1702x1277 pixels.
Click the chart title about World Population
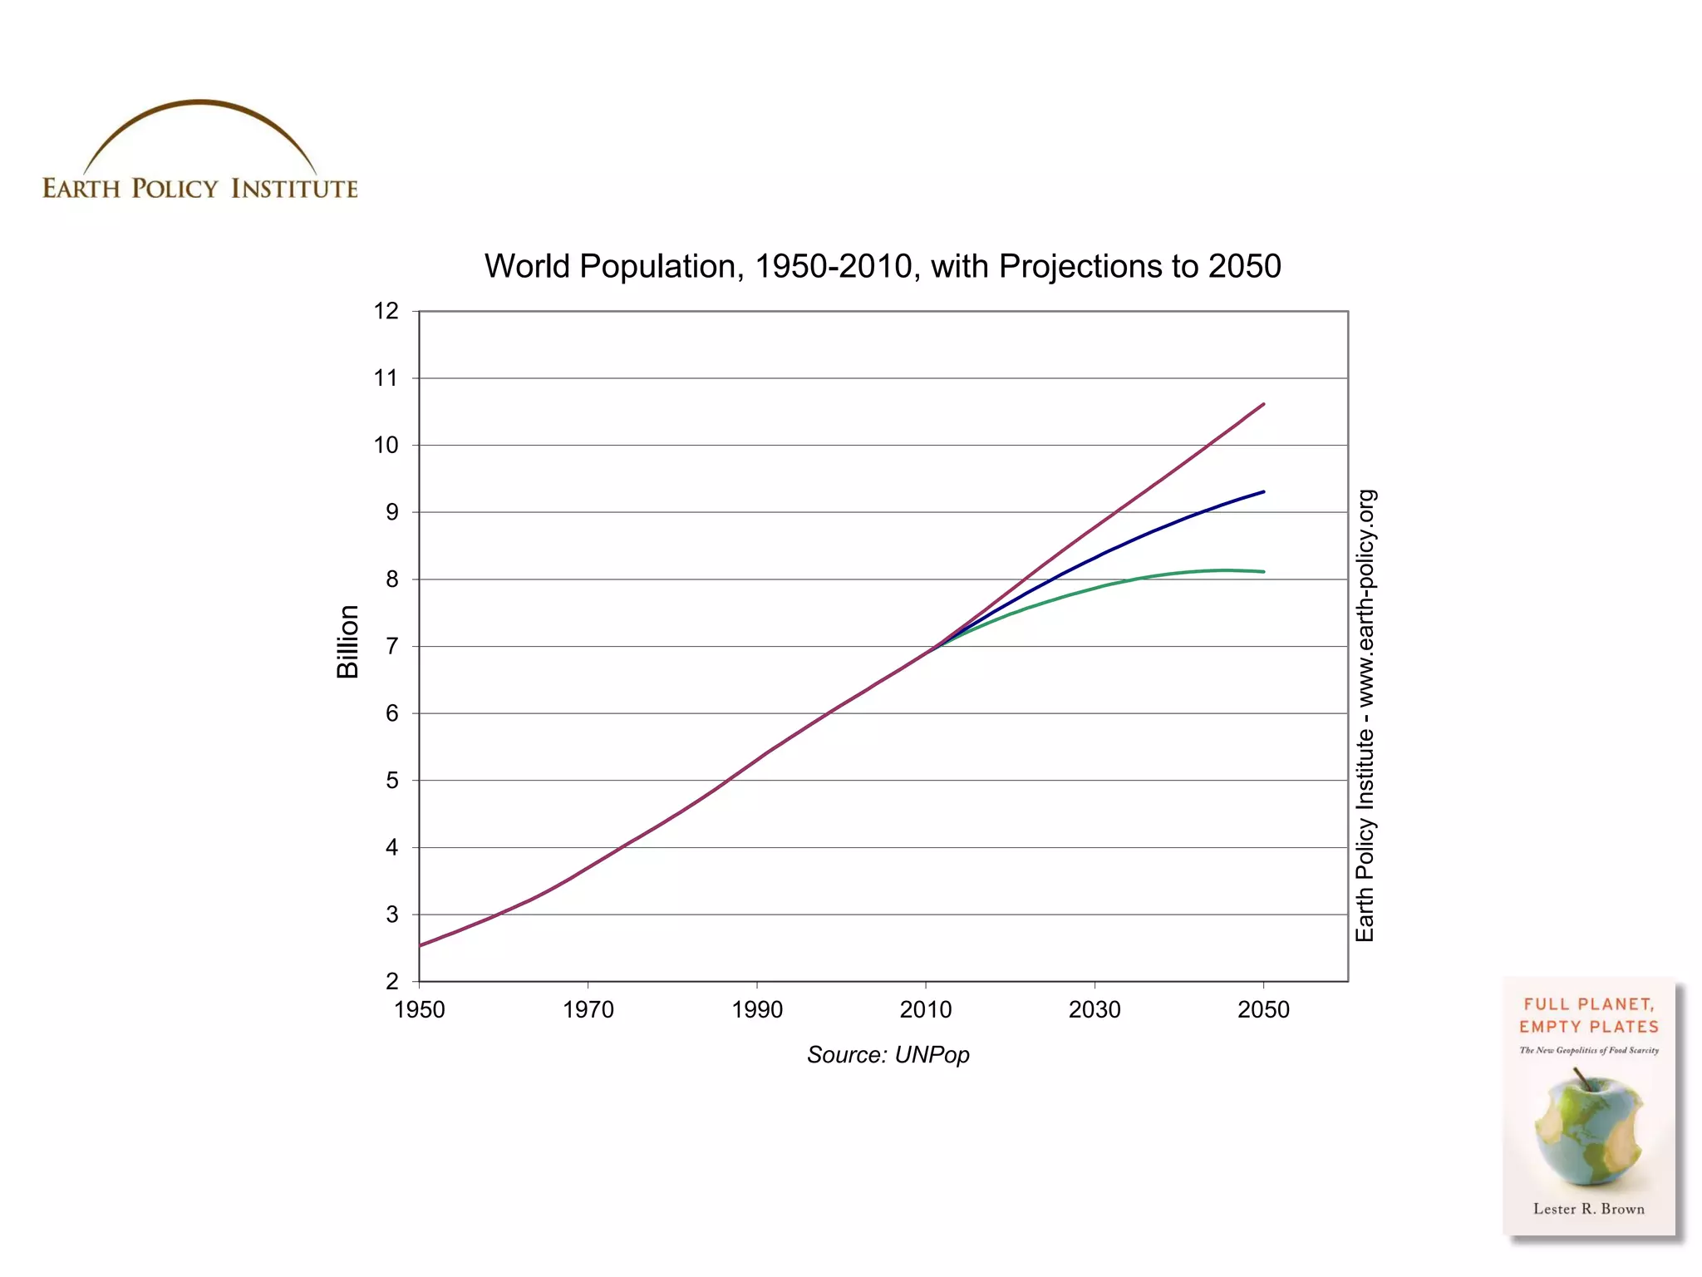click(883, 266)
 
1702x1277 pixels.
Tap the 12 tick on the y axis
click(386, 311)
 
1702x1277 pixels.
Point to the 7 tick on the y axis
click(392, 646)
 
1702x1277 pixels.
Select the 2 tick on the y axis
click(392, 981)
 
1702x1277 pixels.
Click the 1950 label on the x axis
click(420, 1009)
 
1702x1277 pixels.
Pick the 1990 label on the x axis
click(757, 1009)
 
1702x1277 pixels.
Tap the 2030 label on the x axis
click(1094, 1009)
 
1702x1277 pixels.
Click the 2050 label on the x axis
click(1263, 1009)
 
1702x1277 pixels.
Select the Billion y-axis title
click(347, 642)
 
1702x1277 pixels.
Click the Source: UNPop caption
click(888, 1054)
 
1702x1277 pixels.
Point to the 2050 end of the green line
click(1262, 571)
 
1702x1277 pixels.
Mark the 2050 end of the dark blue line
click(1262, 492)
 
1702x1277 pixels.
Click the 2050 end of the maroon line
click(1262, 405)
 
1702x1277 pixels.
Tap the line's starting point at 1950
click(421, 945)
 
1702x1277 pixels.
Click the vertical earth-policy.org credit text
click(1365, 715)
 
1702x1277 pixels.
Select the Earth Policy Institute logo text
click(200, 189)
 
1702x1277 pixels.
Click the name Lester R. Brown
click(1588, 1209)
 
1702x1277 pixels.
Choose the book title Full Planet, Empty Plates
click(1588, 1015)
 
